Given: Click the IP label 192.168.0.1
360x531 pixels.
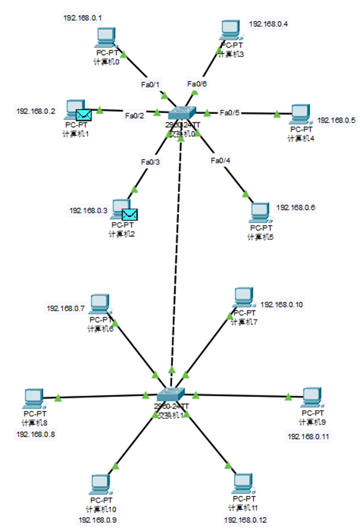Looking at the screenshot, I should (x=83, y=18).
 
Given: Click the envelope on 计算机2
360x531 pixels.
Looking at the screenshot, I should (x=129, y=214).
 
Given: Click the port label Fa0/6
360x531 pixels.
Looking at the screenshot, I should (x=197, y=84).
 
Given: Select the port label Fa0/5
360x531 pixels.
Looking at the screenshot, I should (x=229, y=113).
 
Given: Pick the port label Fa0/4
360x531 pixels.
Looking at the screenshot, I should (x=220, y=160).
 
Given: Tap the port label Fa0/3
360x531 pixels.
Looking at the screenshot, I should (x=150, y=161).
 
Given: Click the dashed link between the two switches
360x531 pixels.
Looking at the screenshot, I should (x=177, y=256).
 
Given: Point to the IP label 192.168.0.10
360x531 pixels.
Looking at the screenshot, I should (x=281, y=305).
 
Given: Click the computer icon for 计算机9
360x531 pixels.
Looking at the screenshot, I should (x=312, y=397).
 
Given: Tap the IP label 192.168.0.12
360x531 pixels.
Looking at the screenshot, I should (x=243, y=520).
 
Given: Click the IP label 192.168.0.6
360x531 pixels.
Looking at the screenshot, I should (x=296, y=207).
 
